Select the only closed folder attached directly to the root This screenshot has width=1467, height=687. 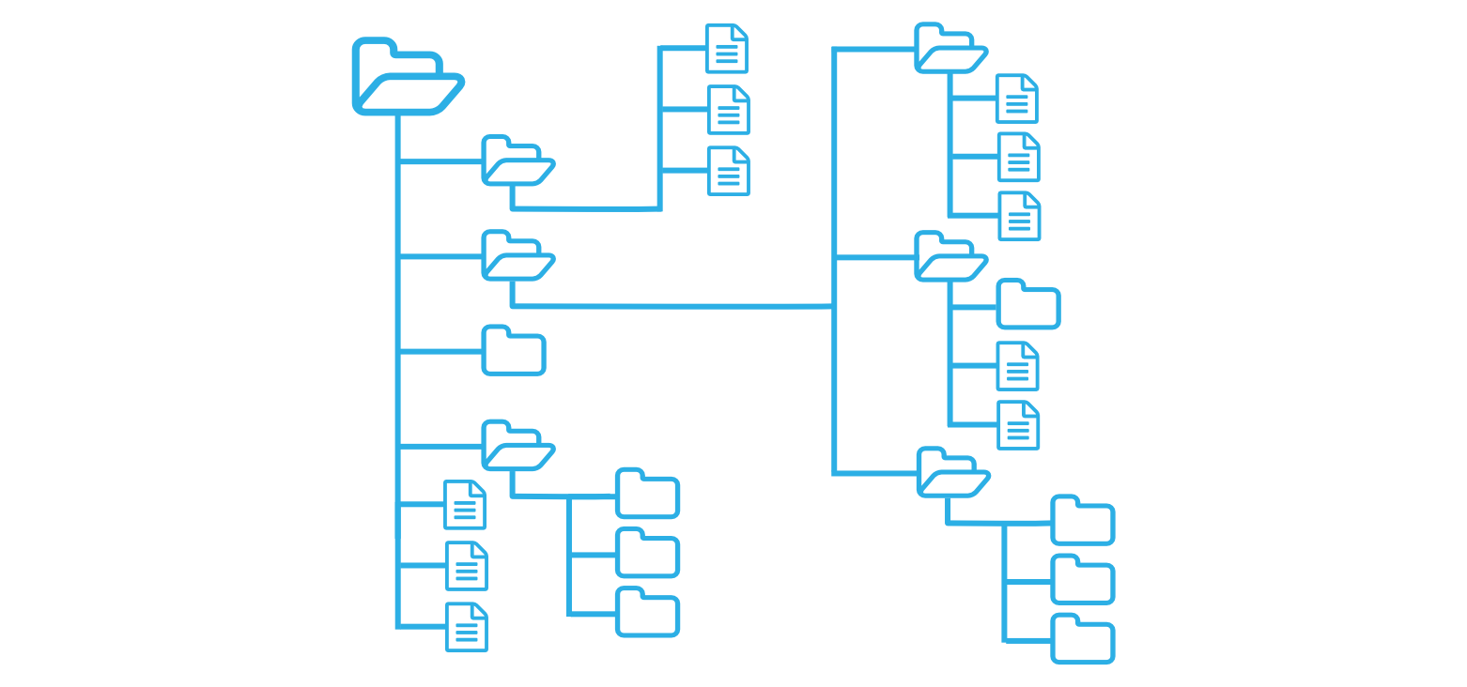click(514, 352)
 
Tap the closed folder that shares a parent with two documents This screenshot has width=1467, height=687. click(1028, 306)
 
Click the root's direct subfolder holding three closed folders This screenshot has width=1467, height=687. click(516, 447)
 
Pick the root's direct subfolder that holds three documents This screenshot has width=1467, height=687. click(516, 161)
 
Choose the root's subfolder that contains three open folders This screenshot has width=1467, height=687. click(516, 257)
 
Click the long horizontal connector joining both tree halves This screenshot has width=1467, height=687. click(672, 306)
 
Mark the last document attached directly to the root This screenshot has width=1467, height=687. click(467, 627)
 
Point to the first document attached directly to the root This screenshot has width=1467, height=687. click(465, 505)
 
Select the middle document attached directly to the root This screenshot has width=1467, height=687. click(467, 566)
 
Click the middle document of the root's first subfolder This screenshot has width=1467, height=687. click(728, 110)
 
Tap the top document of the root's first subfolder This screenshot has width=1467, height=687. click(727, 49)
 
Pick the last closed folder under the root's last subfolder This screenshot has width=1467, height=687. click(647, 614)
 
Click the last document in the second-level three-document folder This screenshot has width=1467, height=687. click(1020, 217)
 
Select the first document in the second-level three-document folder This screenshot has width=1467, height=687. click(1017, 99)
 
